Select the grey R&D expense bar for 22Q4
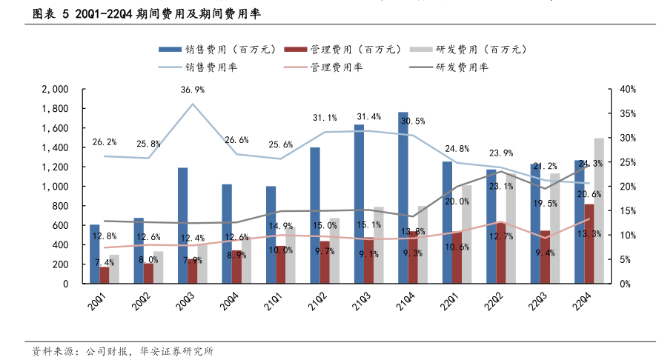[599, 211]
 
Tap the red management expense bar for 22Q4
[589, 244]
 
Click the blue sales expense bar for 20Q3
[182, 226]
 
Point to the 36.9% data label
[193, 90]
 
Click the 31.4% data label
[368, 117]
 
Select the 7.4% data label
[105, 262]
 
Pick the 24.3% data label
[589, 163]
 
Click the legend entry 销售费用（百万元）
[216, 50]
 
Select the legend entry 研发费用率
[451, 67]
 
